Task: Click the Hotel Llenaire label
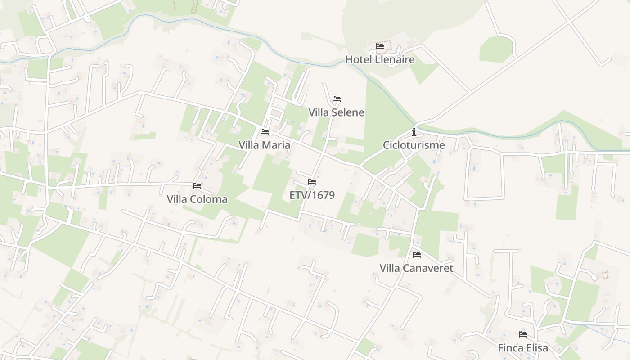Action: pyautogui.click(x=380, y=59)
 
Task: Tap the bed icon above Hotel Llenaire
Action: pyautogui.click(x=380, y=46)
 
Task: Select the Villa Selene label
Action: pyautogui.click(x=336, y=112)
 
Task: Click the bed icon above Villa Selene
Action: pyautogui.click(x=337, y=99)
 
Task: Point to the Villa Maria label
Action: pyautogui.click(x=265, y=145)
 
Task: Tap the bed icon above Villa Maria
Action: pyautogui.click(x=265, y=132)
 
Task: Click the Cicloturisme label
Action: pyautogui.click(x=414, y=145)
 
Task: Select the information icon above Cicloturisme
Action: pyautogui.click(x=414, y=132)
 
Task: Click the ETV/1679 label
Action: pyautogui.click(x=312, y=195)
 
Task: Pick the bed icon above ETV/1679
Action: pyautogui.click(x=312, y=182)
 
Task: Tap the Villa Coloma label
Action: pyautogui.click(x=197, y=199)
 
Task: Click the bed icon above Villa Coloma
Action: pyautogui.click(x=197, y=185)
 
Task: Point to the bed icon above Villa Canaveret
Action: pyautogui.click(x=417, y=255)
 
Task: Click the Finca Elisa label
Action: pyautogui.click(x=523, y=348)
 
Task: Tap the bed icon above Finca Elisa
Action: pyautogui.click(x=523, y=334)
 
